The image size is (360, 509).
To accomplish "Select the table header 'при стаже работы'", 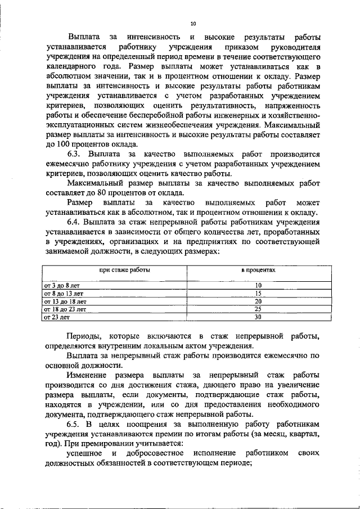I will [125, 270].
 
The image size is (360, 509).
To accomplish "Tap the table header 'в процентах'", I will [259, 270].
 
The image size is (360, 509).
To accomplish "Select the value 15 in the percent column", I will [259, 294].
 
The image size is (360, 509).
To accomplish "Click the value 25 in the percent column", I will [259, 309].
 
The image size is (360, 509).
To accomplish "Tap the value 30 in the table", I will [259, 317].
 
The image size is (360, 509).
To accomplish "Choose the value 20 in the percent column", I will [259, 301].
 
